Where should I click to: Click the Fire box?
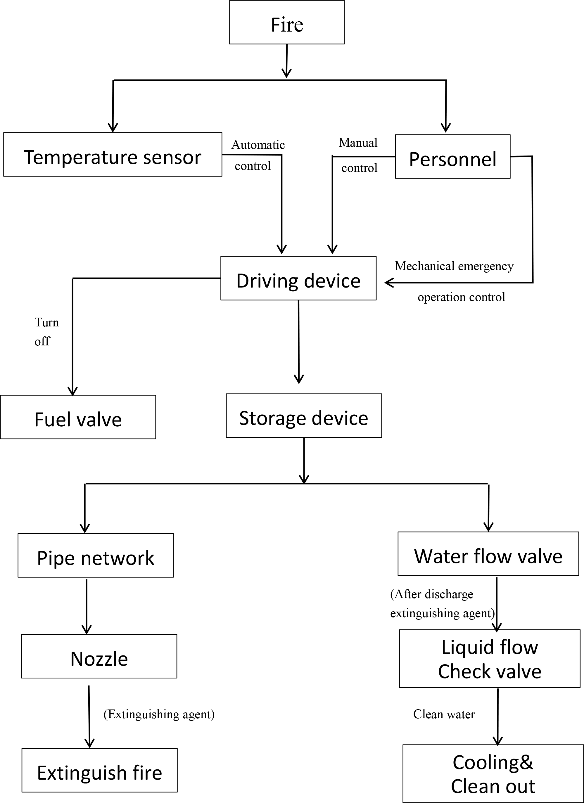[x=286, y=22]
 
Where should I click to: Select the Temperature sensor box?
[x=113, y=155]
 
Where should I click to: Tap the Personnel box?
[x=452, y=157]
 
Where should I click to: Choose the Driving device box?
[x=298, y=278]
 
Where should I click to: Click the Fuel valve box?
[x=78, y=417]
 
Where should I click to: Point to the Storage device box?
[x=304, y=416]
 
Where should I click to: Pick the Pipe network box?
[x=96, y=555]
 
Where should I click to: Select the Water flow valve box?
[x=488, y=554]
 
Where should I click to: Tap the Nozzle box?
[x=99, y=656]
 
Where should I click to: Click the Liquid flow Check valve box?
[x=489, y=659]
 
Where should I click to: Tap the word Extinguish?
[x=82, y=773]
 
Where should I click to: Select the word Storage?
[x=270, y=418]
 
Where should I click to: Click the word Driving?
[x=267, y=281]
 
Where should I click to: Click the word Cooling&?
[x=493, y=762]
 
